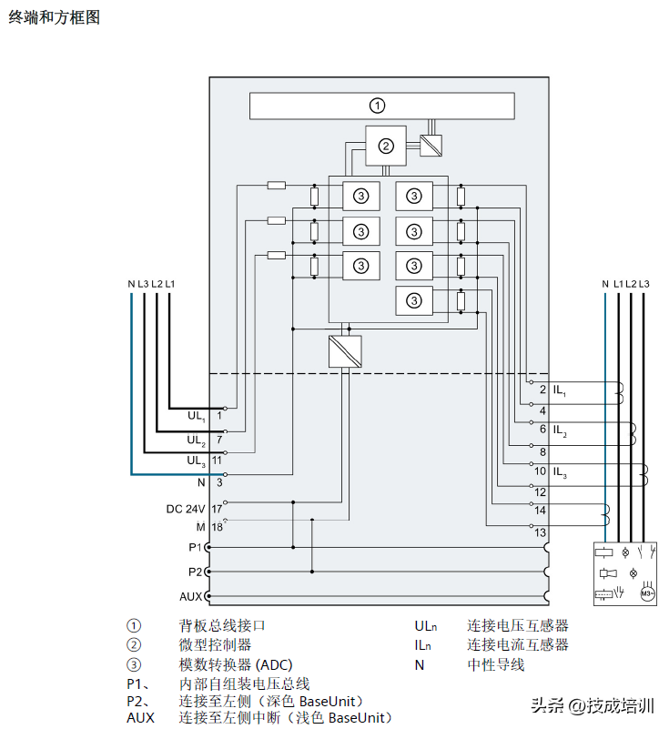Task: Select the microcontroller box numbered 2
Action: coord(386,146)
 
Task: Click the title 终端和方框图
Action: coord(54,17)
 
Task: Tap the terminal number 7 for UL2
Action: coord(219,440)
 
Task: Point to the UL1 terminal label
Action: coord(196,416)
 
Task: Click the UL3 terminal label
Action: coord(196,461)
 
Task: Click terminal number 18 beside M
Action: coord(218,527)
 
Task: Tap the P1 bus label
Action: coord(195,547)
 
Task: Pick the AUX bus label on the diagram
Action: coord(191,596)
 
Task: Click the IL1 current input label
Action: coord(560,390)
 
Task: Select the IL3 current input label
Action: coord(560,472)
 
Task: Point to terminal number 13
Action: coord(541,532)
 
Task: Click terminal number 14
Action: coord(541,511)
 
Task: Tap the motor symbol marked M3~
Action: coord(647,593)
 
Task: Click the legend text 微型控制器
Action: coord(215,645)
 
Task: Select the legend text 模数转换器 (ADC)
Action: coord(235,664)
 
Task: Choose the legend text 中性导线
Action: coord(496,664)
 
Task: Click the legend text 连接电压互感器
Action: coord(518,626)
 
